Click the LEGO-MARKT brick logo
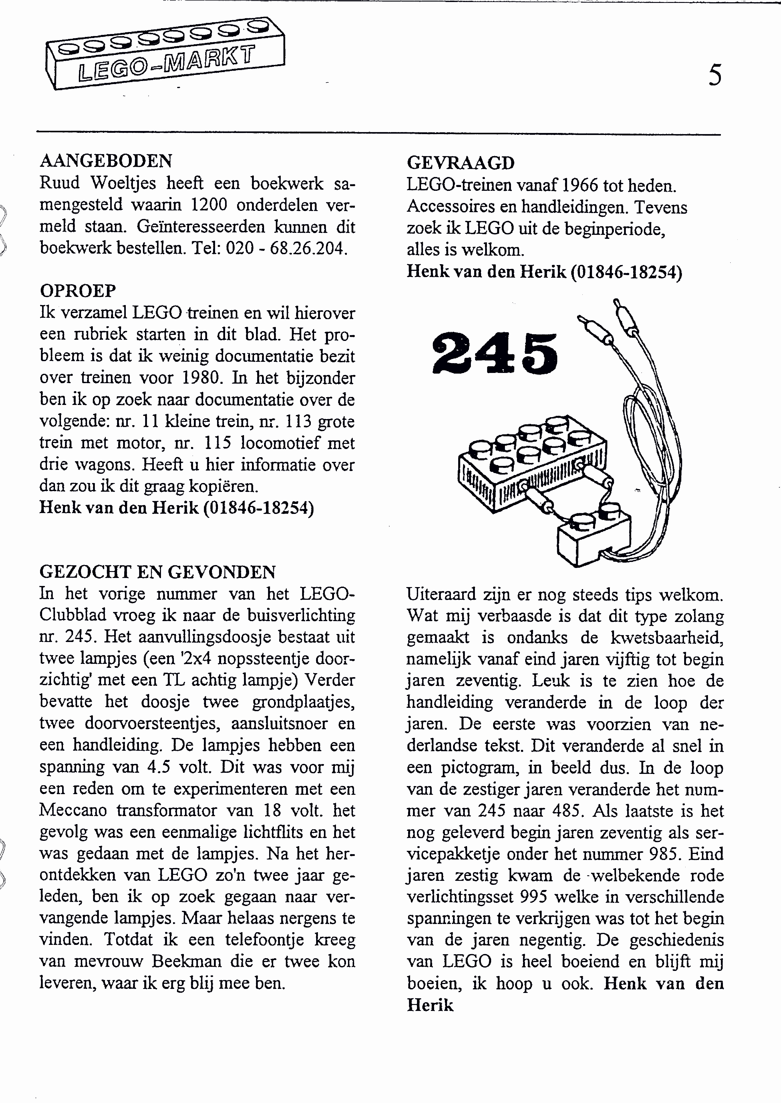[165, 54]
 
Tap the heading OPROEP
[78, 291]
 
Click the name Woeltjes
[123, 183]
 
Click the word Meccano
[73, 810]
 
